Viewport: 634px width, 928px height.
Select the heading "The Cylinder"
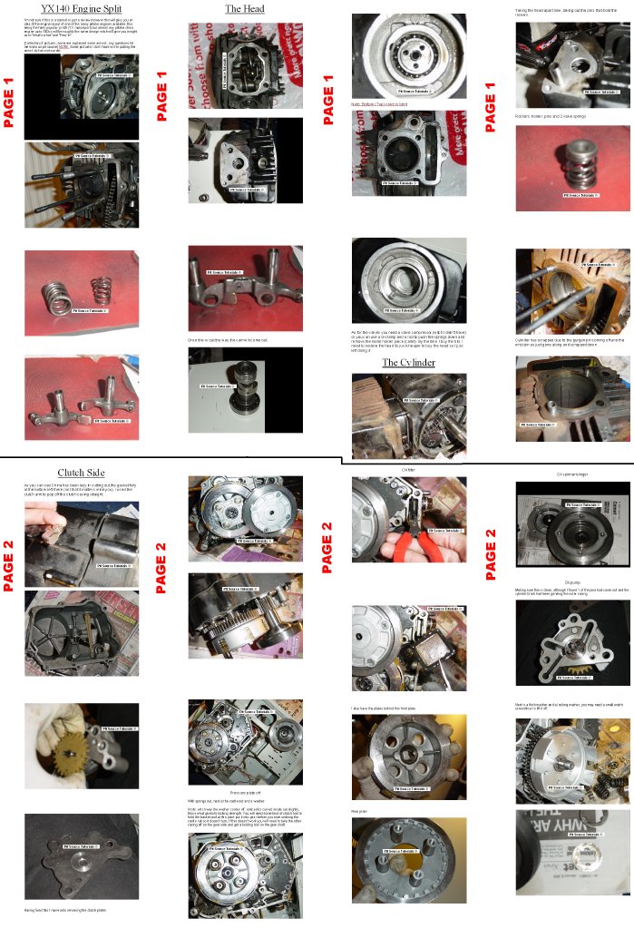[x=407, y=362]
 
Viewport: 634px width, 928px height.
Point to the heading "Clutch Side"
[x=81, y=473]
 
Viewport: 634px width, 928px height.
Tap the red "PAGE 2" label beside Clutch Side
[x=10, y=566]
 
